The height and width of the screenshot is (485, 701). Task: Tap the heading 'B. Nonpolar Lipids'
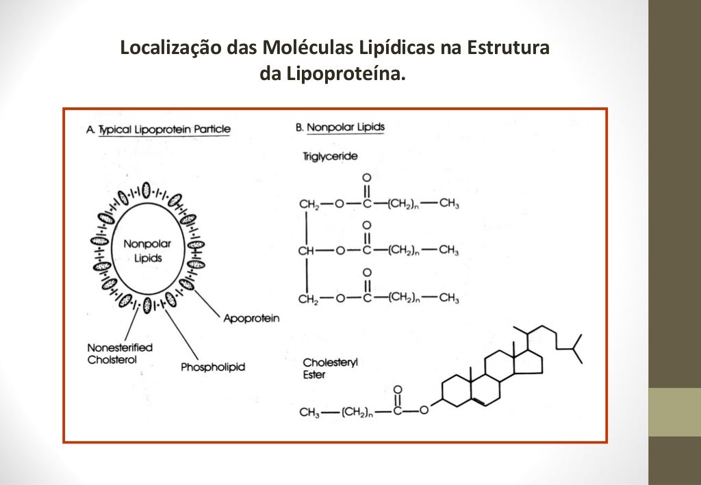340,127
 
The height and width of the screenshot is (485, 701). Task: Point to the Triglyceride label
330,157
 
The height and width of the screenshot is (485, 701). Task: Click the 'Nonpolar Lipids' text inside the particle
147,251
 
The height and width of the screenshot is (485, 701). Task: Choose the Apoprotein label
251,319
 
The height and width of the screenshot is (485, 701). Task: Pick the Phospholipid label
213,367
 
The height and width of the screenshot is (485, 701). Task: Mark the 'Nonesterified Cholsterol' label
120,354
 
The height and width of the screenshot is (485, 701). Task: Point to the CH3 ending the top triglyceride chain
448,204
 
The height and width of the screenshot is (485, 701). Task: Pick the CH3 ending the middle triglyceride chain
448,250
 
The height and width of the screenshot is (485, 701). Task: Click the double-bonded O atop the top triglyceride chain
366,179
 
